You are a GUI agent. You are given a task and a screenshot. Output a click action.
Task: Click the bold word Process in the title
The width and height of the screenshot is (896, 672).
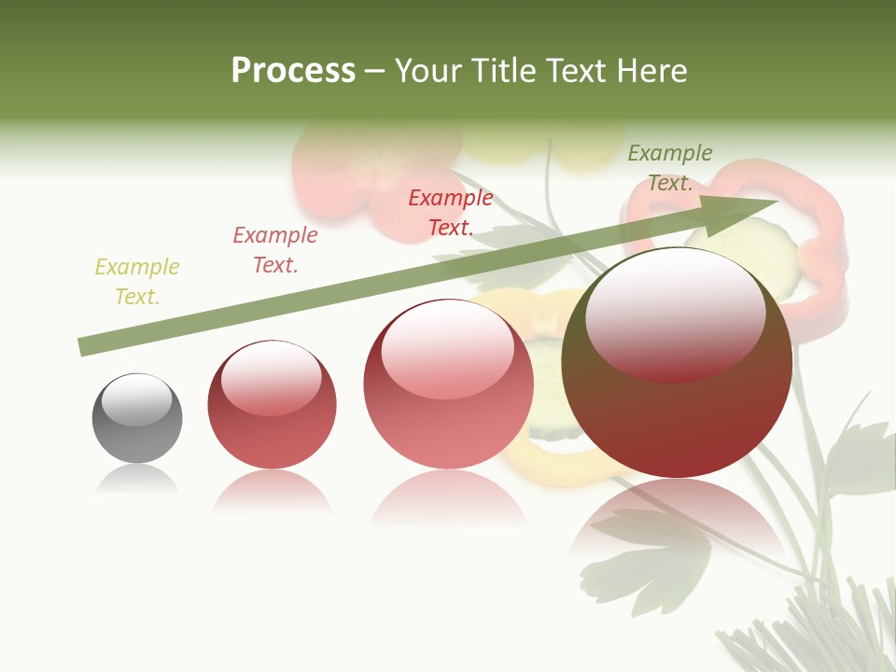293,71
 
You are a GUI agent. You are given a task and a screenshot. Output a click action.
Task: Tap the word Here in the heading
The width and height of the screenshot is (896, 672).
653,71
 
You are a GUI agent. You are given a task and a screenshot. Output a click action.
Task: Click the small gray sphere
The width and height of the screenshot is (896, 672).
137,418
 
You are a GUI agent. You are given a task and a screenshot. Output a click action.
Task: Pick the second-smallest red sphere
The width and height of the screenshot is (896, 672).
272,404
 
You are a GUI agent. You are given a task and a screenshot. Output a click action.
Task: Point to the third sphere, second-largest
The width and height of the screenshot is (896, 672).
448,384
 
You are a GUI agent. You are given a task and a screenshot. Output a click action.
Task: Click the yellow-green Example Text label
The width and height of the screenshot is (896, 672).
137,282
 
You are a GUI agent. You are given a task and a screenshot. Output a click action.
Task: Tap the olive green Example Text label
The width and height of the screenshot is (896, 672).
670,168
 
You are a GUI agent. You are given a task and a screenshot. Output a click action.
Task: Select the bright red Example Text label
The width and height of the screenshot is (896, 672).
451,213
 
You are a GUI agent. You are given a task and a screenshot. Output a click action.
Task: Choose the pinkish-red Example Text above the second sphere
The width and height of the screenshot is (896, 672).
275,250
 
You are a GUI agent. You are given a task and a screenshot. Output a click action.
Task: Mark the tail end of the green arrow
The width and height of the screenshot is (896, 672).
82,348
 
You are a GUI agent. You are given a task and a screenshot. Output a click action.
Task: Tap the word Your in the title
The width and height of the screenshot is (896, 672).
427,71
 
